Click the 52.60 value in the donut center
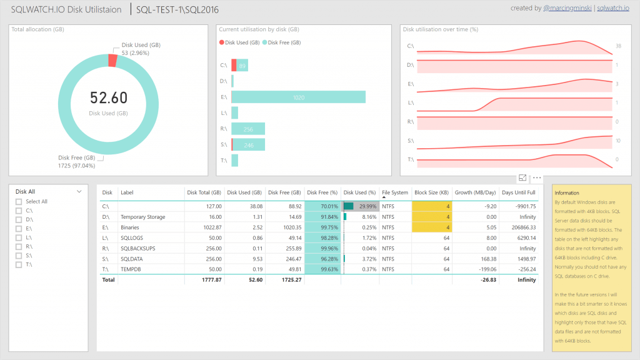[108, 98]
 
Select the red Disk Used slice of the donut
[112, 60]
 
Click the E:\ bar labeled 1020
[299, 97]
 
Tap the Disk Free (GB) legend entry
[284, 42]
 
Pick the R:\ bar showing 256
[248, 129]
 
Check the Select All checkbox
[19, 202]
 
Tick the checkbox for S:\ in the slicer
[19, 255]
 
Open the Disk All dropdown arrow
[79, 192]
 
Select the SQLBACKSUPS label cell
[138, 248]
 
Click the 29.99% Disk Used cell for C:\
[360, 206]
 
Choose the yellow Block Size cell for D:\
[431, 217]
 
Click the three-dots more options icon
[537, 178]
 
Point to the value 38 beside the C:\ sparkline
[617, 46]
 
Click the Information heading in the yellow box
[567, 193]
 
